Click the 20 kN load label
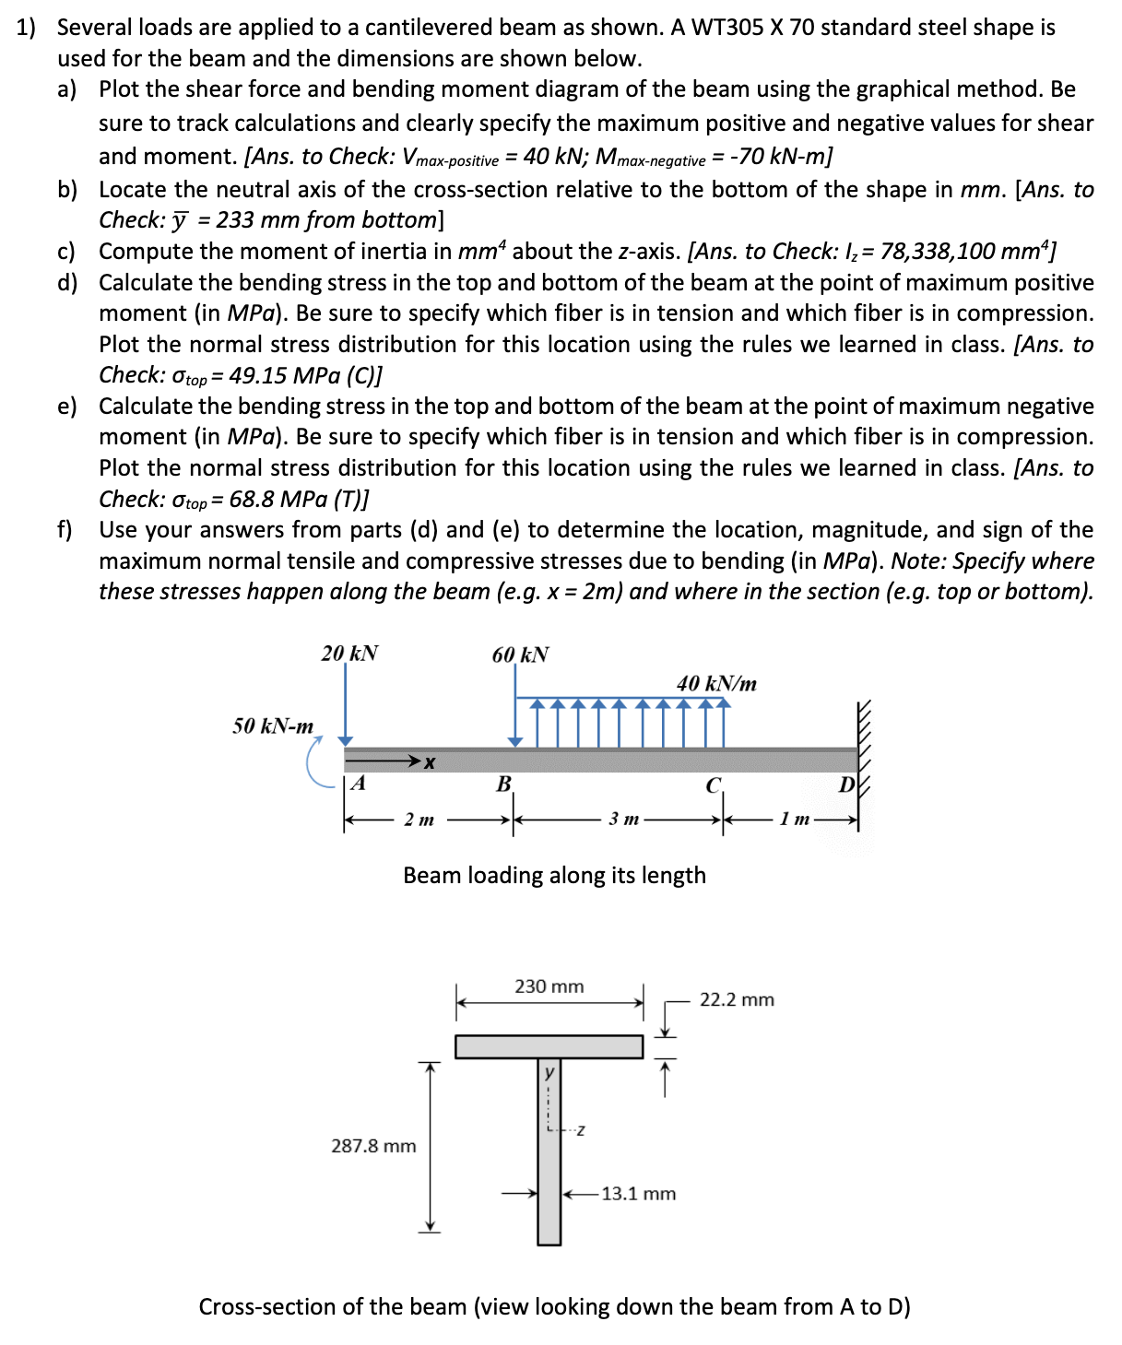[349, 654]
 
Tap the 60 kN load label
[520, 655]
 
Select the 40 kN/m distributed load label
[716, 684]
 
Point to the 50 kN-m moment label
[273, 726]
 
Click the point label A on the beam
[359, 785]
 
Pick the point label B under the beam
[503, 785]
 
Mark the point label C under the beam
[713, 786]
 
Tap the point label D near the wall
[846, 785]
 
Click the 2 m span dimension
[419, 820]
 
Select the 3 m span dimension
[623, 820]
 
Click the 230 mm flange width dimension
[549, 986]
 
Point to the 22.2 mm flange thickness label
[737, 1000]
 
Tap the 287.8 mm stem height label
[373, 1146]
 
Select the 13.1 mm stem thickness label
[638, 1194]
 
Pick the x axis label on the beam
[429, 762]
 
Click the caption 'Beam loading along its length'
[554, 875]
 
